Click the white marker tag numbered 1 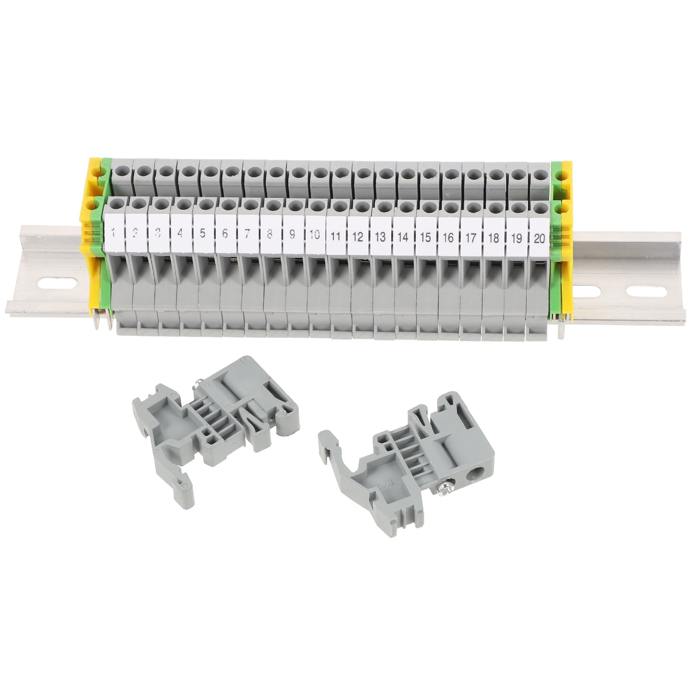[x=114, y=234]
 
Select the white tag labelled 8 [x=269, y=234]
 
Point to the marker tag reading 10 [x=314, y=235]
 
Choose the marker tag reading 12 [x=358, y=236]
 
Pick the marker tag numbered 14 [x=403, y=237]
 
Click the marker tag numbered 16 [x=448, y=237]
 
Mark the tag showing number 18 [x=493, y=238]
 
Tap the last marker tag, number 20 [x=539, y=238]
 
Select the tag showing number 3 [x=158, y=234]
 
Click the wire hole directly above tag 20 [x=539, y=209]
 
